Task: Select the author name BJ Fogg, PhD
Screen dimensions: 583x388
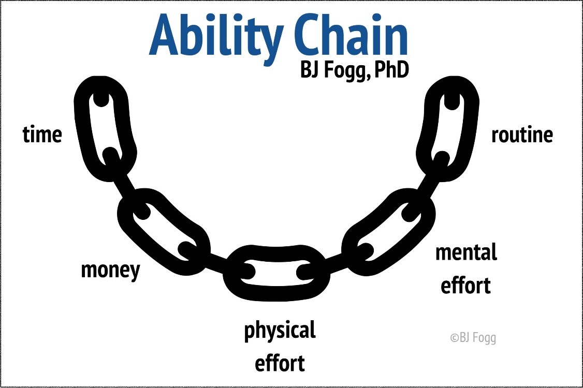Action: point(355,70)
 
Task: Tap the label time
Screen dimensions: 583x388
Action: point(42,134)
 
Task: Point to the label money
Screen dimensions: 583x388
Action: point(110,270)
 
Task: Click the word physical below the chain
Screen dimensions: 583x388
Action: point(280,331)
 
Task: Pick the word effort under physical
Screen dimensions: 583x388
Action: point(280,363)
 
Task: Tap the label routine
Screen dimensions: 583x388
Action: point(522,135)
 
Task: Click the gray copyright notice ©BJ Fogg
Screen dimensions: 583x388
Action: point(473,337)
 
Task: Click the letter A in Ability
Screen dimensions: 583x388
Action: point(166,35)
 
